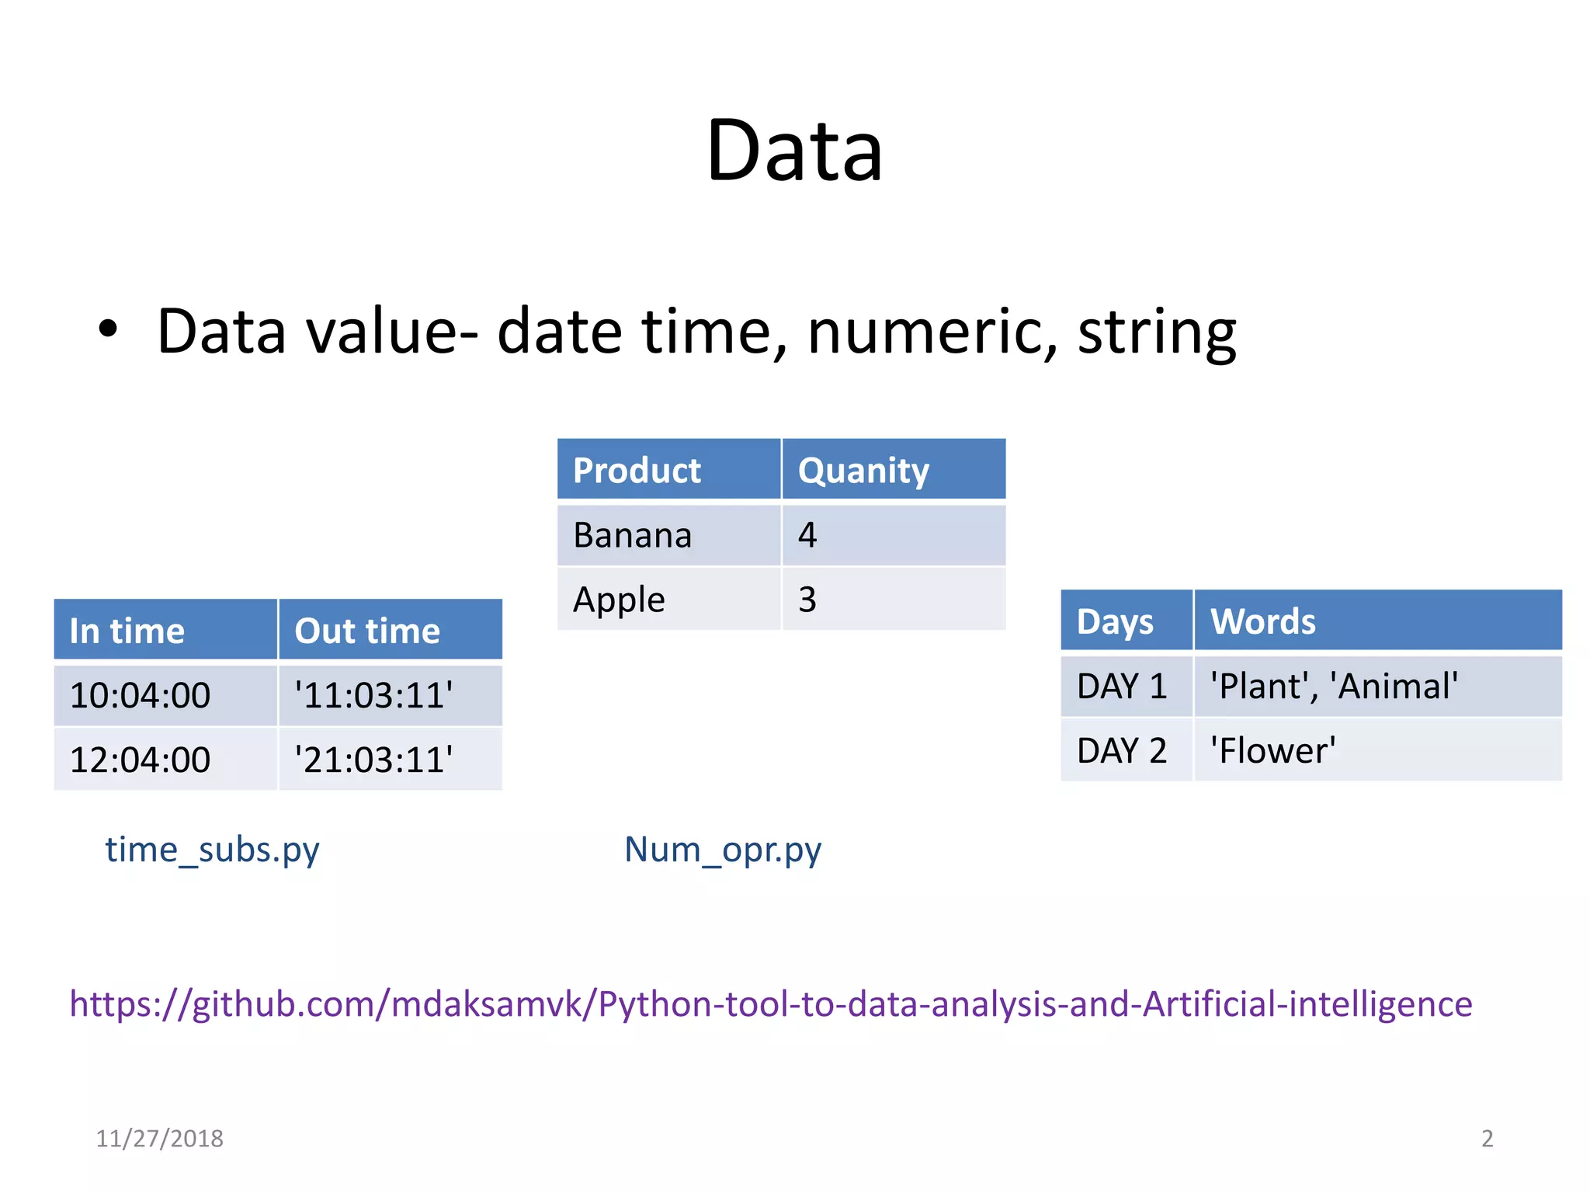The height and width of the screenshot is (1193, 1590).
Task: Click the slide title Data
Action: pyautogui.click(x=794, y=151)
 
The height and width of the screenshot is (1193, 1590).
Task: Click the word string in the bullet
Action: pyautogui.click(x=1157, y=332)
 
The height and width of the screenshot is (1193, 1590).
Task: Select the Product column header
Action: pyautogui.click(x=637, y=471)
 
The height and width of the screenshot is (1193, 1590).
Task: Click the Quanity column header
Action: pyautogui.click(x=863, y=471)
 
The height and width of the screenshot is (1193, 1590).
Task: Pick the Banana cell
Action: pyautogui.click(x=632, y=535)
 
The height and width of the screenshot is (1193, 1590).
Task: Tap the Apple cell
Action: pyautogui.click(x=619, y=600)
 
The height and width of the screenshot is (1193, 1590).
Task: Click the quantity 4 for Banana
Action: pyautogui.click(x=807, y=535)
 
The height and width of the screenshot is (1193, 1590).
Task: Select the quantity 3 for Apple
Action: pyautogui.click(x=807, y=600)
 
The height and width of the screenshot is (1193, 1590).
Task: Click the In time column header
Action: pyautogui.click(x=127, y=631)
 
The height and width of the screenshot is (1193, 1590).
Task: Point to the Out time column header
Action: pyautogui.click(x=367, y=631)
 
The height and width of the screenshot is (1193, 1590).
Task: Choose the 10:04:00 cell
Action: pyautogui.click(x=140, y=695)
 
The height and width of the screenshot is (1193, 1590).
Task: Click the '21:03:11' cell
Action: pyautogui.click(x=373, y=760)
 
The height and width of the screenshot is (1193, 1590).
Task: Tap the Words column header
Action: pyautogui.click(x=1263, y=621)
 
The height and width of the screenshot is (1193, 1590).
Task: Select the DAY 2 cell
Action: pyautogui.click(x=1122, y=751)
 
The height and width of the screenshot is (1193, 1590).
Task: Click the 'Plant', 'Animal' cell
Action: pyautogui.click(x=1334, y=687)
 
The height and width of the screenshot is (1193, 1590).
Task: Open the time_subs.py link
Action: pyautogui.click(x=212, y=850)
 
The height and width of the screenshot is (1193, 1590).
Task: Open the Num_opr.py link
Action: pyautogui.click(x=723, y=850)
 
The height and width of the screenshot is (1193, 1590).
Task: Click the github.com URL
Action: pyautogui.click(x=771, y=1004)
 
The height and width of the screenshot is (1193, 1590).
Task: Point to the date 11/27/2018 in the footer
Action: pyautogui.click(x=159, y=1139)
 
